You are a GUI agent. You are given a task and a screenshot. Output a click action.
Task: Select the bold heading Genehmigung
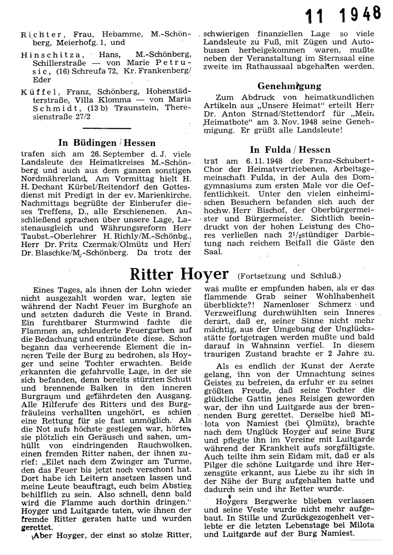click(289, 86)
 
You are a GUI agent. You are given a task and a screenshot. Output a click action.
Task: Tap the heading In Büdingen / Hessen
click(107, 143)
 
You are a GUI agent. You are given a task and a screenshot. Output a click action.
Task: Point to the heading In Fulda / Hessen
click(290, 150)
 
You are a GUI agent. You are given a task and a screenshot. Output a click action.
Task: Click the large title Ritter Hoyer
click(179, 274)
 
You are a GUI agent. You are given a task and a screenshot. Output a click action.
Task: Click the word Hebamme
click(128, 34)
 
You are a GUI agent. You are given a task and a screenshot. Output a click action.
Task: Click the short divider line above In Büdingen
click(107, 128)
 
